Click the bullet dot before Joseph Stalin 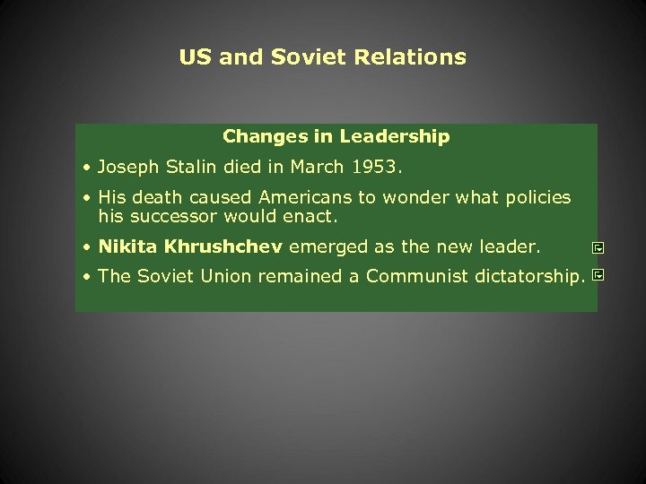tap(85, 168)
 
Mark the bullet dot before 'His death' tap(85, 198)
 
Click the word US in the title tap(195, 57)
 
